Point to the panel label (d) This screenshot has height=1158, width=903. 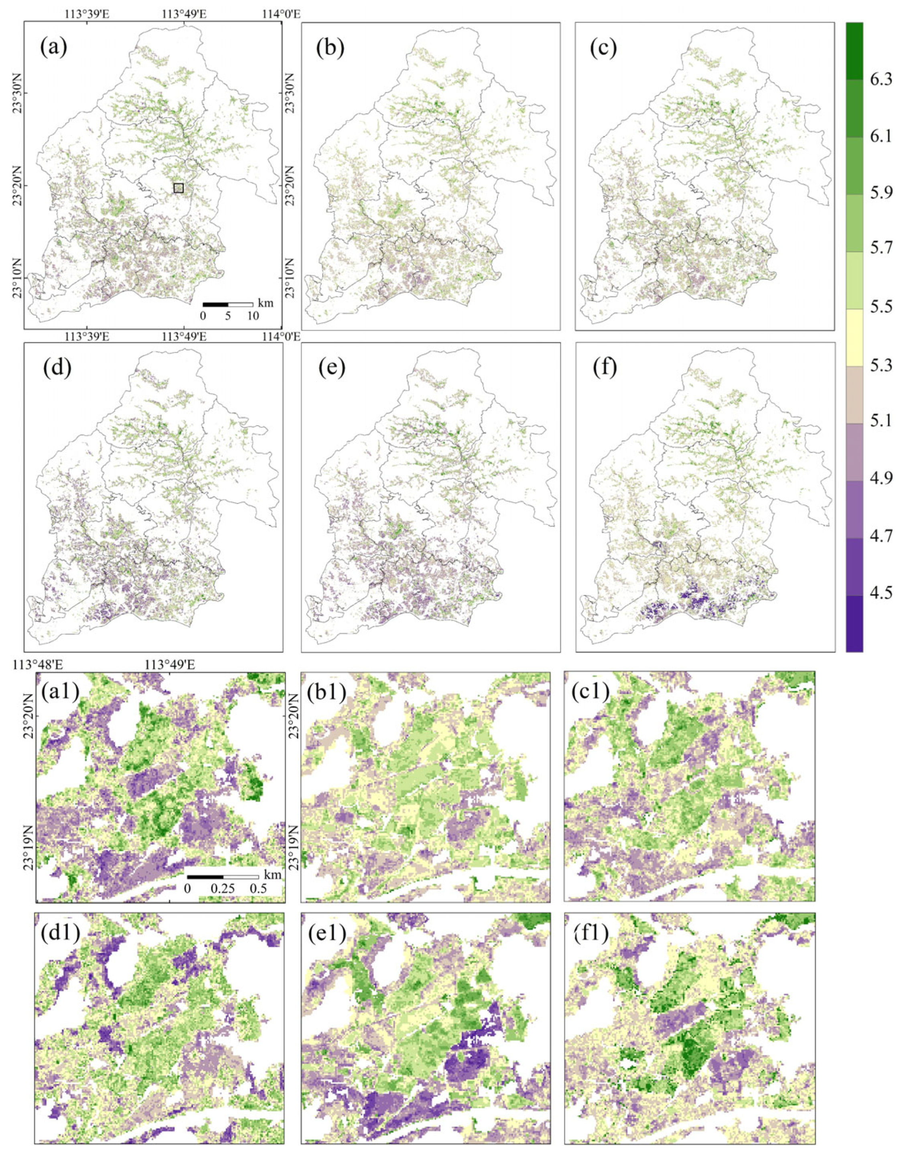click(x=58, y=368)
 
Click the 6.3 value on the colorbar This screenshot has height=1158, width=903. click(x=880, y=79)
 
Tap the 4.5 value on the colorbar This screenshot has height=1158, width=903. click(x=880, y=592)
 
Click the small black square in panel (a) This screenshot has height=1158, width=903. click(x=178, y=188)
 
